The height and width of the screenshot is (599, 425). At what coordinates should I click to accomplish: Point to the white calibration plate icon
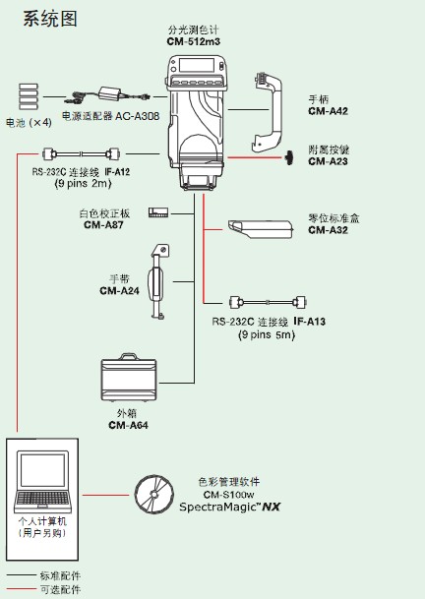point(158,213)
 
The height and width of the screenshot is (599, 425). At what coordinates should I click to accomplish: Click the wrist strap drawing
point(156,281)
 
